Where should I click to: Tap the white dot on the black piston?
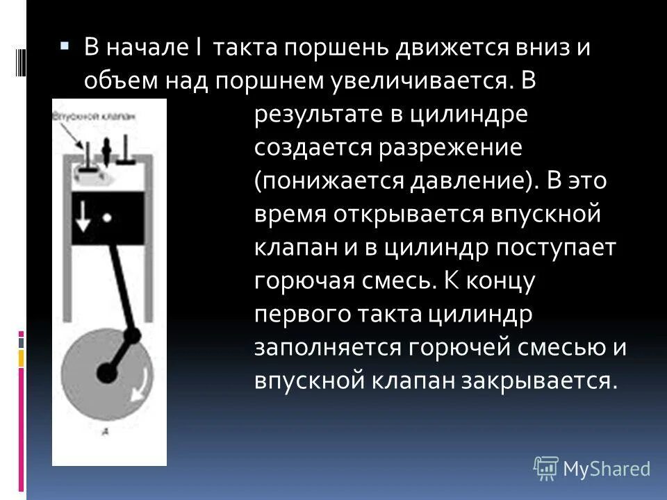107,217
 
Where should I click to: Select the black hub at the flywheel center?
106,372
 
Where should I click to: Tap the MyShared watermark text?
607,469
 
